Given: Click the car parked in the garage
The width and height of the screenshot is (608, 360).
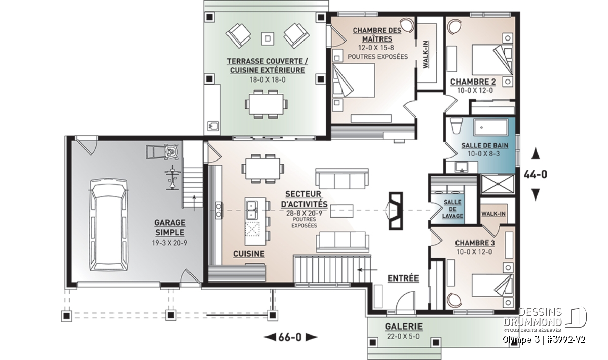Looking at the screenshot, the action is (x=109, y=225).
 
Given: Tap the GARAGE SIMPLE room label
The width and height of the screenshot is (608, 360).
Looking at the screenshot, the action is (x=170, y=228).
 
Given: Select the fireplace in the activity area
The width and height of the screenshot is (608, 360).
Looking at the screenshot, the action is (x=395, y=211).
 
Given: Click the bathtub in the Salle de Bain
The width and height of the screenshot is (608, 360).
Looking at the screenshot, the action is (x=491, y=127).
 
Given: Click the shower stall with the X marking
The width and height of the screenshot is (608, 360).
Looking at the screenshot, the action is (x=498, y=184).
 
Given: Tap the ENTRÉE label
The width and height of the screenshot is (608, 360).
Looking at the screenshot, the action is (x=403, y=278).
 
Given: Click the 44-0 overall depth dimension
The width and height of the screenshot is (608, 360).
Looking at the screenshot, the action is (x=535, y=175).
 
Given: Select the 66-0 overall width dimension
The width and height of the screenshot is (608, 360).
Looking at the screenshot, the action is (x=290, y=337).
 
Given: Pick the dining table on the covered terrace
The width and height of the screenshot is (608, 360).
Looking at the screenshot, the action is (x=267, y=104).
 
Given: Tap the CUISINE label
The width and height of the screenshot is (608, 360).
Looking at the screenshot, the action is (x=249, y=254).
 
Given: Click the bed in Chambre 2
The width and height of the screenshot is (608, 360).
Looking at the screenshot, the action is (x=492, y=60).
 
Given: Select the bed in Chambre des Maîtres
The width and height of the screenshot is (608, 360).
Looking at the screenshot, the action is (x=354, y=81).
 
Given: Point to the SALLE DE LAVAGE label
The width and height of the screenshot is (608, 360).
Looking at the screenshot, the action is (x=452, y=209).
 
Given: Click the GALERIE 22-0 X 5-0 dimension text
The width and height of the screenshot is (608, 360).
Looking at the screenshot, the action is (x=403, y=336).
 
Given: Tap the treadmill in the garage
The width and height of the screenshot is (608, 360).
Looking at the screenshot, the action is (x=163, y=152).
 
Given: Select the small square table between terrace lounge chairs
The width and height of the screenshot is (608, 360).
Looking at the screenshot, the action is (x=268, y=39).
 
